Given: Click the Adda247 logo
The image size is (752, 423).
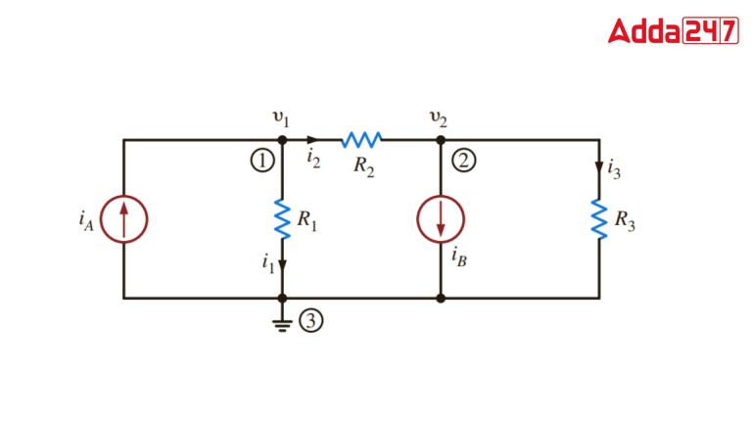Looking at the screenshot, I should tap(673, 31).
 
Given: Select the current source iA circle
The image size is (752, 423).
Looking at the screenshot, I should tap(123, 218).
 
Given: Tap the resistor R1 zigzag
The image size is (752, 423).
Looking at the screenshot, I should tap(282, 219).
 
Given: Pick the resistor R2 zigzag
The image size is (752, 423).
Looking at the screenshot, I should tap(361, 140).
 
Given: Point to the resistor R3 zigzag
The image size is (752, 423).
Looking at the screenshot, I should tap(598, 219).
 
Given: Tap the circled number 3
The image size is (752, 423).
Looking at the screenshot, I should tap(310, 322).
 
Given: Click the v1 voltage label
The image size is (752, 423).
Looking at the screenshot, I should tap(281, 118).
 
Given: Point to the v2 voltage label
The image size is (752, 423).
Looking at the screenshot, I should tap(440, 118).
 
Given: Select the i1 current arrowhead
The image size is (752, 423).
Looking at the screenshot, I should tap(282, 263).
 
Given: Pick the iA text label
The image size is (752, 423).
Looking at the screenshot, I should tap(86, 219).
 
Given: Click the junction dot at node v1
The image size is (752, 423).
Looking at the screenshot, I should tap(282, 140).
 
